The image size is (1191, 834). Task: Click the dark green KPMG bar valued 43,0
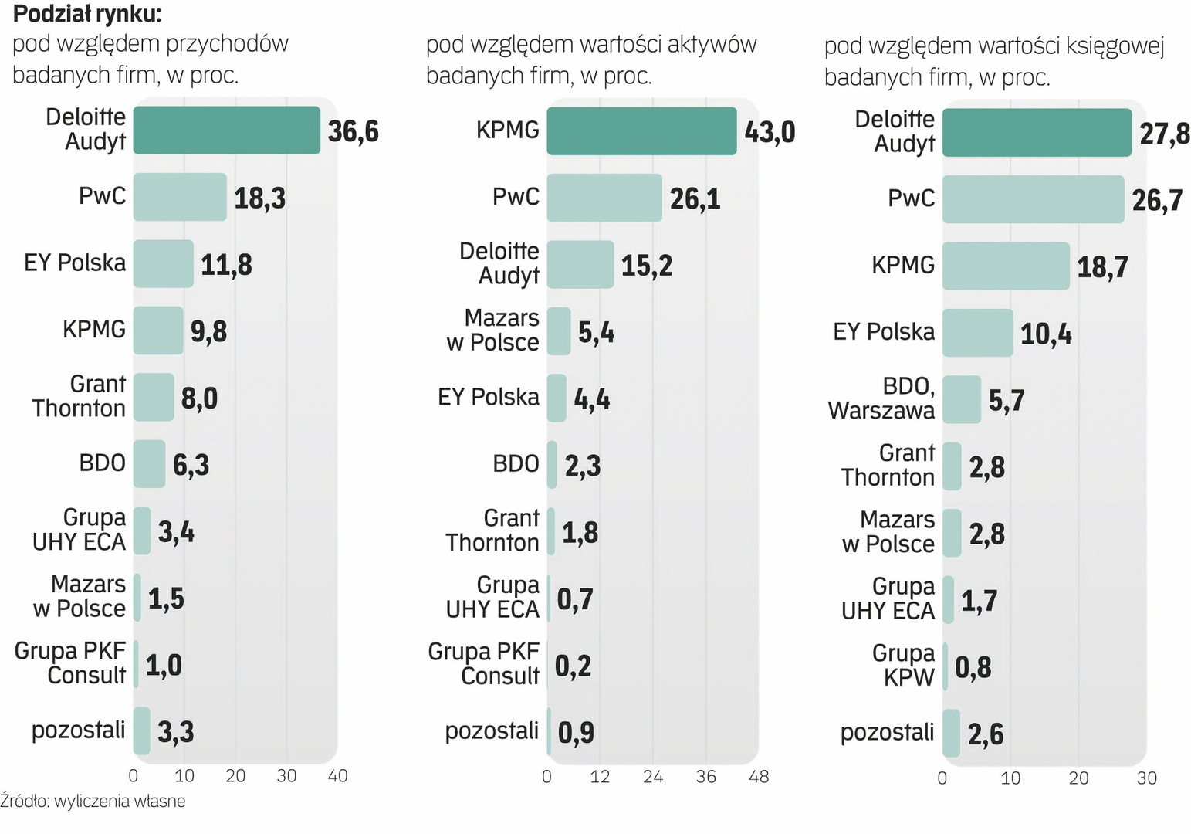coord(641,131)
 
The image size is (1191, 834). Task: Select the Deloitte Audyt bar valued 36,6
coord(226,131)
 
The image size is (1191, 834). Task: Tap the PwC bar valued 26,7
coord(1033,199)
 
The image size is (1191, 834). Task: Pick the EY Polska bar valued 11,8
coord(163,264)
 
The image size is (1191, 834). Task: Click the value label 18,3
coord(259,198)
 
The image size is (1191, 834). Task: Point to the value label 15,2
coord(647,266)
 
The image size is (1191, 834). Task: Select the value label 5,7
coord(1007,400)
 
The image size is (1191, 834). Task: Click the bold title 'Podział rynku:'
coord(87,14)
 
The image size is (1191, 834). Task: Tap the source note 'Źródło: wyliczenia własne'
coord(93,801)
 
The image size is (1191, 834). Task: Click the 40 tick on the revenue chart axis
coord(337,776)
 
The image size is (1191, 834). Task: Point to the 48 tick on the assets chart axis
coord(759,777)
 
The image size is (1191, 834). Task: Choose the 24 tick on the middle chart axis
coord(653,777)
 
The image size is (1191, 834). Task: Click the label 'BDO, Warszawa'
coord(881,398)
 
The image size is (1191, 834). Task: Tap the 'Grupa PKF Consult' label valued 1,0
coord(70,663)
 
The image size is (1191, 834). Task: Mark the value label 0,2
coord(573,666)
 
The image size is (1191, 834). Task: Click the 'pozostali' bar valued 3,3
coord(141,731)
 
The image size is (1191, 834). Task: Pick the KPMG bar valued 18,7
coord(1006,266)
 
